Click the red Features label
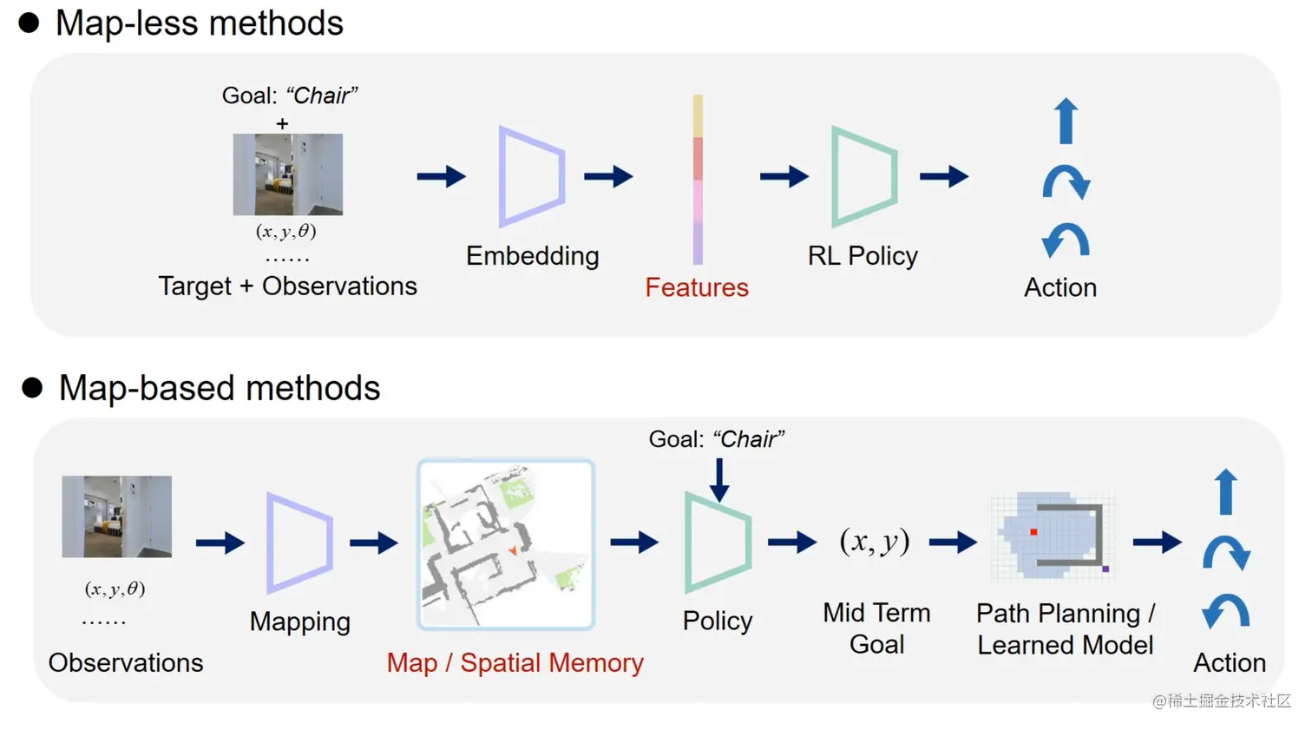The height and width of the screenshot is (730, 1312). tap(696, 287)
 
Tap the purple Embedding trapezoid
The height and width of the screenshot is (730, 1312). tap(531, 176)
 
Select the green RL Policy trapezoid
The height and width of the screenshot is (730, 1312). tap(863, 176)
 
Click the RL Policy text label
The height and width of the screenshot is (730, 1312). tap(863, 256)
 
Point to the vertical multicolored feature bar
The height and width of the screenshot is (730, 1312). tap(698, 179)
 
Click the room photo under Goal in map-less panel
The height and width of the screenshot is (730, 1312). tap(288, 174)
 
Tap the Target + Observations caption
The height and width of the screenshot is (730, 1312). tap(287, 286)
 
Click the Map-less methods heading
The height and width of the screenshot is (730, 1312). tap(199, 23)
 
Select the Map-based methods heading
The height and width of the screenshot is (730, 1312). tap(219, 388)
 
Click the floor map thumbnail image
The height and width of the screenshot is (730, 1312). tap(506, 544)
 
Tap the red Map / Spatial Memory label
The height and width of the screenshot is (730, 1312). tap(515, 663)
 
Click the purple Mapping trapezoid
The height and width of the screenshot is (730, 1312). tap(299, 543)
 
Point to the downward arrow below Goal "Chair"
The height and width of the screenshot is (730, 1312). tap(719, 479)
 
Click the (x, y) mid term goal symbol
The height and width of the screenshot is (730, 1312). tap(875, 542)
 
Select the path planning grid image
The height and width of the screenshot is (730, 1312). tap(1053, 536)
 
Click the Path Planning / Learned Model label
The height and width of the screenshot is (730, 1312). tap(1065, 629)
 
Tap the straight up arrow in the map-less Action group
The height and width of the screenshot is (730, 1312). tap(1066, 121)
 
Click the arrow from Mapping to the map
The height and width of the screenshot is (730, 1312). tap(374, 543)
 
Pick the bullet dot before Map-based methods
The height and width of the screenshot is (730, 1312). tap(32, 388)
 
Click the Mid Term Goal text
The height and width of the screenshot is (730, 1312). tap(876, 628)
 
